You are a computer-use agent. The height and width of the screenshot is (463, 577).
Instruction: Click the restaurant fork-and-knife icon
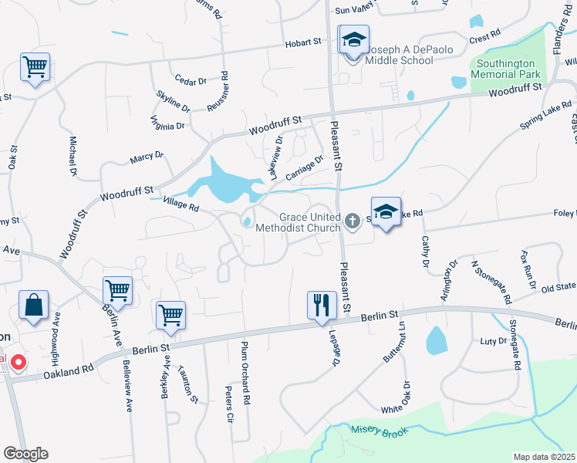coord(322,304)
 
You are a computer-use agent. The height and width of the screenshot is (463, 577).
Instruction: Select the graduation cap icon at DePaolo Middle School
coord(353,39)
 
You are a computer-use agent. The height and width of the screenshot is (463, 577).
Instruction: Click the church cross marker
coord(352,222)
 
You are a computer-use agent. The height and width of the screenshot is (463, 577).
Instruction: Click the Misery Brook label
coord(377,432)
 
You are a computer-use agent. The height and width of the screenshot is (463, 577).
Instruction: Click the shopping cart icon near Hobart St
coord(35,66)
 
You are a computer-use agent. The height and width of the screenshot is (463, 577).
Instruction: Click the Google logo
coord(25,454)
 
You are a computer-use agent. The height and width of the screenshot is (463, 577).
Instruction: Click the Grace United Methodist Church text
coord(309,222)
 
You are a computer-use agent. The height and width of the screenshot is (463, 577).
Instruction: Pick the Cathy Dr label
coord(424,252)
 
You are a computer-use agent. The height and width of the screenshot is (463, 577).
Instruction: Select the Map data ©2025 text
coord(544,457)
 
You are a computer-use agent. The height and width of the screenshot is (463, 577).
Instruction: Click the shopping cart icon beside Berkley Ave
coord(170,314)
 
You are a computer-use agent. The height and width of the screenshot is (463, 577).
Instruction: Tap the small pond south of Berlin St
coord(436,340)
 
